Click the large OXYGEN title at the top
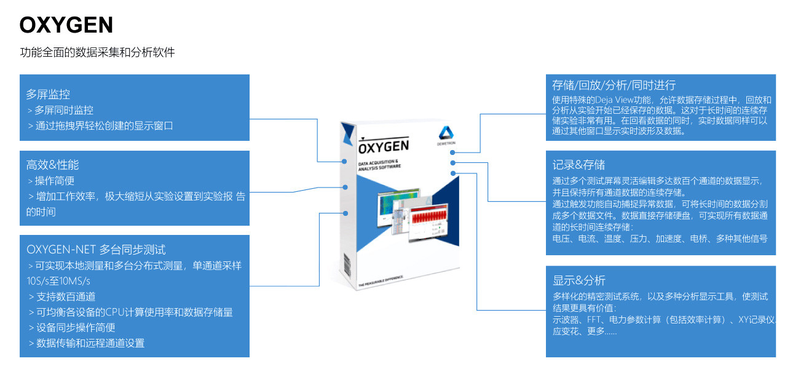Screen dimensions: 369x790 click(66, 25)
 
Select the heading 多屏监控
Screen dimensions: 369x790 click(48, 95)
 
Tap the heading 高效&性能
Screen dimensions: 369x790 click(52, 165)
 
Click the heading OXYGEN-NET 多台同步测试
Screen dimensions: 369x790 click(96, 250)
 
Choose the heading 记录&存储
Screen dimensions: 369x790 click(579, 165)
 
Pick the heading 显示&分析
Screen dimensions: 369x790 click(579, 280)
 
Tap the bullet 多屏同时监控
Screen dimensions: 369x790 click(64, 110)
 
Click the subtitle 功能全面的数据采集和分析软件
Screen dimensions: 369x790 click(97, 53)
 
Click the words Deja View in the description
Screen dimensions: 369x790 click(618, 100)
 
